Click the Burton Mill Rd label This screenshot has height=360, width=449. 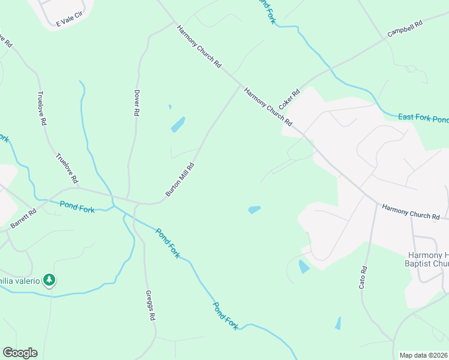pyautogui.click(x=180, y=179)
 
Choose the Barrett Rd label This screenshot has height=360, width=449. pyautogui.click(x=23, y=218)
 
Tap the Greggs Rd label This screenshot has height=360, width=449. pyautogui.click(x=151, y=305)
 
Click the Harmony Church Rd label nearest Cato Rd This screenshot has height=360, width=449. pyautogui.click(x=411, y=212)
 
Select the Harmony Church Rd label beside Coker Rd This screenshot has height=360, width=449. pyautogui.click(x=268, y=106)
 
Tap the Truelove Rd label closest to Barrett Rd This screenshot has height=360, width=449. pyautogui.click(x=67, y=168)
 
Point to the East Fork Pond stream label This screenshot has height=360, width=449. pyautogui.click(x=423, y=118)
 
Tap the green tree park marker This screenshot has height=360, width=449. pyautogui.click(x=49, y=280)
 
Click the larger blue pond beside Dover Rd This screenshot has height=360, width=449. pyautogui.click(x=178, y=124)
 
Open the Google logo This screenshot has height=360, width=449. pyautogui.click(x=20, y=353)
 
